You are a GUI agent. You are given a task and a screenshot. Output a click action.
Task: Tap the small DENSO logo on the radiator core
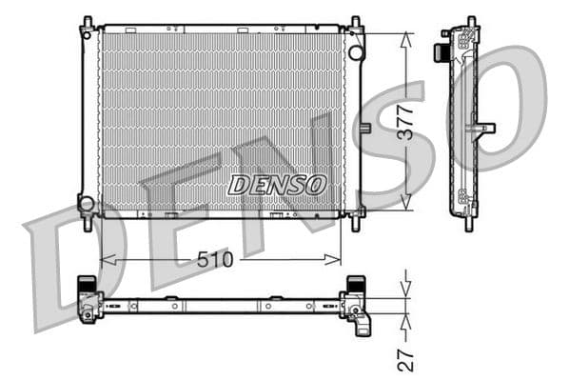pos(277,184)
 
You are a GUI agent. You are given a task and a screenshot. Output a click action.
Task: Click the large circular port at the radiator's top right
pos(357,51)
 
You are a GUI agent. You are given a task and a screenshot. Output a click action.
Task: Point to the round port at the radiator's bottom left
pos(87,203)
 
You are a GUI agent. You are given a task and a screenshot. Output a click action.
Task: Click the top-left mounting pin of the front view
pos(88,22)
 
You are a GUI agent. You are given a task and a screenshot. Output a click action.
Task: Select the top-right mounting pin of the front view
pos(356,22)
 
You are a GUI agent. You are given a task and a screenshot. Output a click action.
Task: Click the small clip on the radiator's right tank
pos(364,129)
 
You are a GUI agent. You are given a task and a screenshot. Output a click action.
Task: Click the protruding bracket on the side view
pos(484,128)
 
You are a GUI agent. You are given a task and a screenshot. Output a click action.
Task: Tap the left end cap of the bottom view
pos(88,297)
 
